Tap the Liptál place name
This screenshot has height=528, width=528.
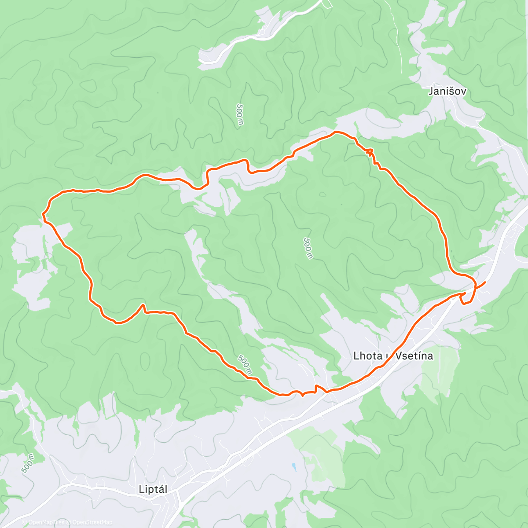(x=153, y=489)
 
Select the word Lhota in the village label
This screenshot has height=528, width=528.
(x=368, y=356)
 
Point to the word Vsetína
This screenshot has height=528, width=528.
(x=414, y=356)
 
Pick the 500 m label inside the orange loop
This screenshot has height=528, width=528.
(x=308, y=248)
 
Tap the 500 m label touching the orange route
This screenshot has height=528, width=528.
(x=245, y=365)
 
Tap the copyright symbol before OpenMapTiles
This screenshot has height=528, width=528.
(x=24, y=522)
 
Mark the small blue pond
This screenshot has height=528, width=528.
(x=293, y=466)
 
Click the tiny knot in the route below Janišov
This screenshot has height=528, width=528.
(x=370, y=152)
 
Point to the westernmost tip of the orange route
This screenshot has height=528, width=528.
(x=43, y=214)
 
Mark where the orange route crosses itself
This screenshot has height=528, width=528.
(x=476, y=287)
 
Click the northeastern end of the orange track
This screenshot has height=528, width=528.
(x=485, y=282)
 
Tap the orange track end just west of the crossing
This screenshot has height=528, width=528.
(x=464, y=293)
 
